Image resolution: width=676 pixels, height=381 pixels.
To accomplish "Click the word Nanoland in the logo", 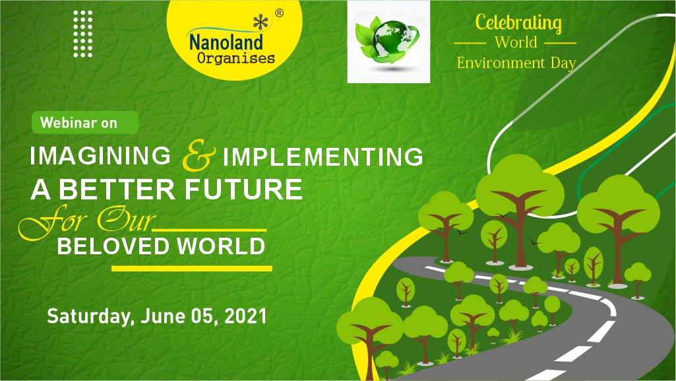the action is (226, 42).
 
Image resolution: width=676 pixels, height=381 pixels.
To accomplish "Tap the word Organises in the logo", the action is (236, 58).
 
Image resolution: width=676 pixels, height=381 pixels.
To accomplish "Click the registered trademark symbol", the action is (280, 13).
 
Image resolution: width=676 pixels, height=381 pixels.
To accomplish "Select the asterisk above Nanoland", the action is (261, 22).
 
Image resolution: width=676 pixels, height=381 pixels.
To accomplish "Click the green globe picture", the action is (388, 42).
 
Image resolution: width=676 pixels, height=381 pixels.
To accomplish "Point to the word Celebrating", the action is (518, 22).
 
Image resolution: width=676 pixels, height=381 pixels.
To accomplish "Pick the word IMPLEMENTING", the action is (323, 156).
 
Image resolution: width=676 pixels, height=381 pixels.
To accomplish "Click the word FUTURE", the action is (243, 189).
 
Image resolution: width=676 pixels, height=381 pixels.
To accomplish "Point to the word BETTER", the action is (117, 189).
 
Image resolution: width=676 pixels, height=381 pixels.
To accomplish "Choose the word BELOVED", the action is (113, 246).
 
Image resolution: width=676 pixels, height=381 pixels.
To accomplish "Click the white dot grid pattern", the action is (83, 34).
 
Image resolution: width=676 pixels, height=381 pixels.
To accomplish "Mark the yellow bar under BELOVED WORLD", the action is (192, 268).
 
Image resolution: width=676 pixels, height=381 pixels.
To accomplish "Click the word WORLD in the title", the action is (221, 246).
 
